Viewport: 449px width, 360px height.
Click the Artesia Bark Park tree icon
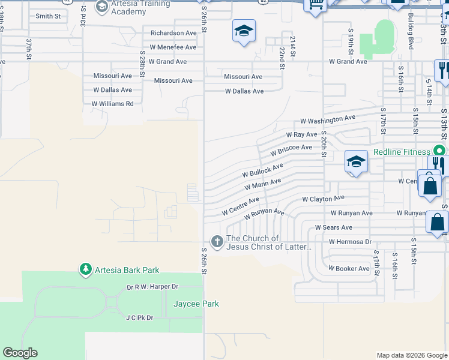(86, 269)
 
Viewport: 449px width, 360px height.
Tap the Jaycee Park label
(196, 304)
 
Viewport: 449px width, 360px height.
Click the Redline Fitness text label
(402, 152)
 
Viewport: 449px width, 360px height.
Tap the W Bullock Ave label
(262, 170)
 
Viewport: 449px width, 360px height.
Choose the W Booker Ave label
(349, 268)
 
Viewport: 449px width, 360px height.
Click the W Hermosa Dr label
(350, 241)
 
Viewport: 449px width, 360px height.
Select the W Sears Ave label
(334, 227)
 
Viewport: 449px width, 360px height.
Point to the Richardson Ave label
(173, 33)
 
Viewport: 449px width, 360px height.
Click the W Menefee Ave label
(173, 47)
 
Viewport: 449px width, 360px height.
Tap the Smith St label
(49, 16)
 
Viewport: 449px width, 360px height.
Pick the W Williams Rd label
(112, 103)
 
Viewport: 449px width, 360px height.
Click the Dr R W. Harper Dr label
(153, 287)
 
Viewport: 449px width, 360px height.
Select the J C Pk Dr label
(139, 317)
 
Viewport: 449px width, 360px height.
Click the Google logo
(20, 353)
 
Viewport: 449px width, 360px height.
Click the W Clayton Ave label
(323, 198)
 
